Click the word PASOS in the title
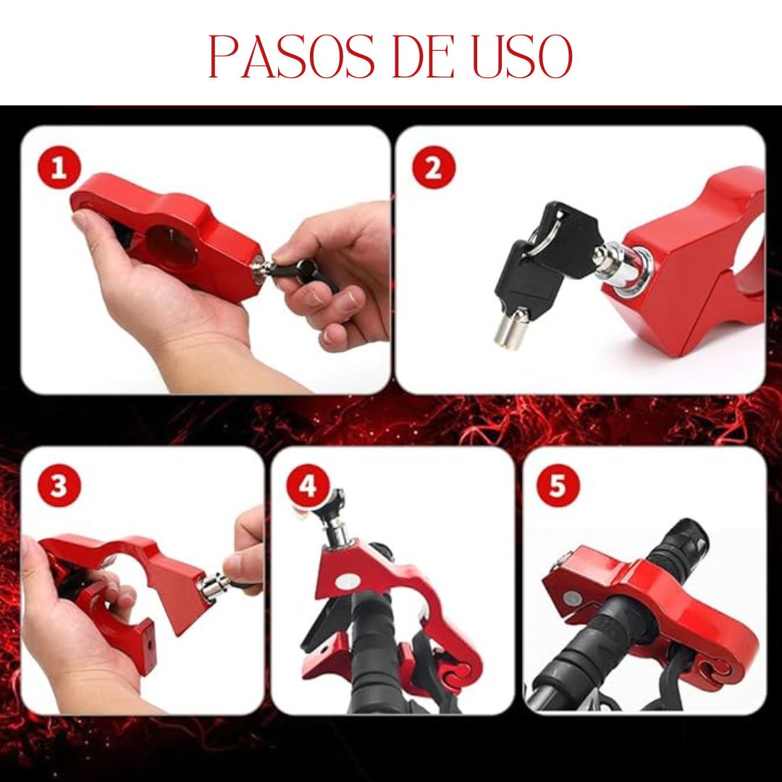click(x=291, y=56)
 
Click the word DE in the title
click(x=424, y=56)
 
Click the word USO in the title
click(x=521, y=56)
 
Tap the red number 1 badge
click(x=59, y=167)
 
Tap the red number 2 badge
click(x=434, y=167)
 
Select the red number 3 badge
click(x=59, y=484)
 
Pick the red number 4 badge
click(x=308, y=484)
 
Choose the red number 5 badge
click(x=558, y=484)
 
